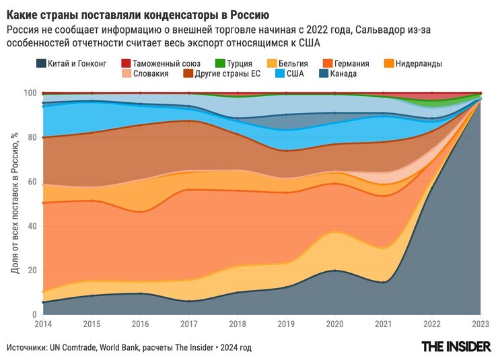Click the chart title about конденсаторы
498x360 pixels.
coord(138,14)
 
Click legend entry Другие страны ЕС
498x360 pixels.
coord(226,73)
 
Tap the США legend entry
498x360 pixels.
coord(293,73)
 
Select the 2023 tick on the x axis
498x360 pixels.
coord(481,323)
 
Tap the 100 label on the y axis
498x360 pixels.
coord(30,93)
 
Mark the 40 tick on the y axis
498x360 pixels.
coord(32,226)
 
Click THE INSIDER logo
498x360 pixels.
coord(455,347)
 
